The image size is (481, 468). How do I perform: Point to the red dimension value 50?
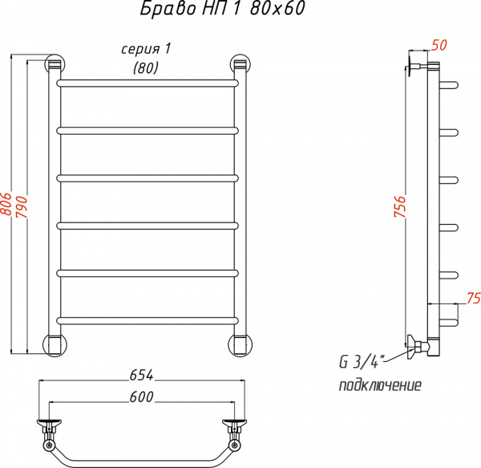click(439, 45)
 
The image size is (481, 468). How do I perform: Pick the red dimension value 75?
click(472, 299)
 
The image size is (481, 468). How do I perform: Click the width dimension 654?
click(142, 375)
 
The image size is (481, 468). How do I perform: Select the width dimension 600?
click(141, 397)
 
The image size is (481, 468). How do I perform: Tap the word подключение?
click(380, 385)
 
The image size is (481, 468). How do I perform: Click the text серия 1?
click(147, 50)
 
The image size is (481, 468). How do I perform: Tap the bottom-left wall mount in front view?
click(54, 343)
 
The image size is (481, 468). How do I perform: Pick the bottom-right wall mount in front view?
click(240, 343)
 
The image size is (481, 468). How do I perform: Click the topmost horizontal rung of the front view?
click(148, 82)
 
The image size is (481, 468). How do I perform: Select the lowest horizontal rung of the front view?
click(148, 322)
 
